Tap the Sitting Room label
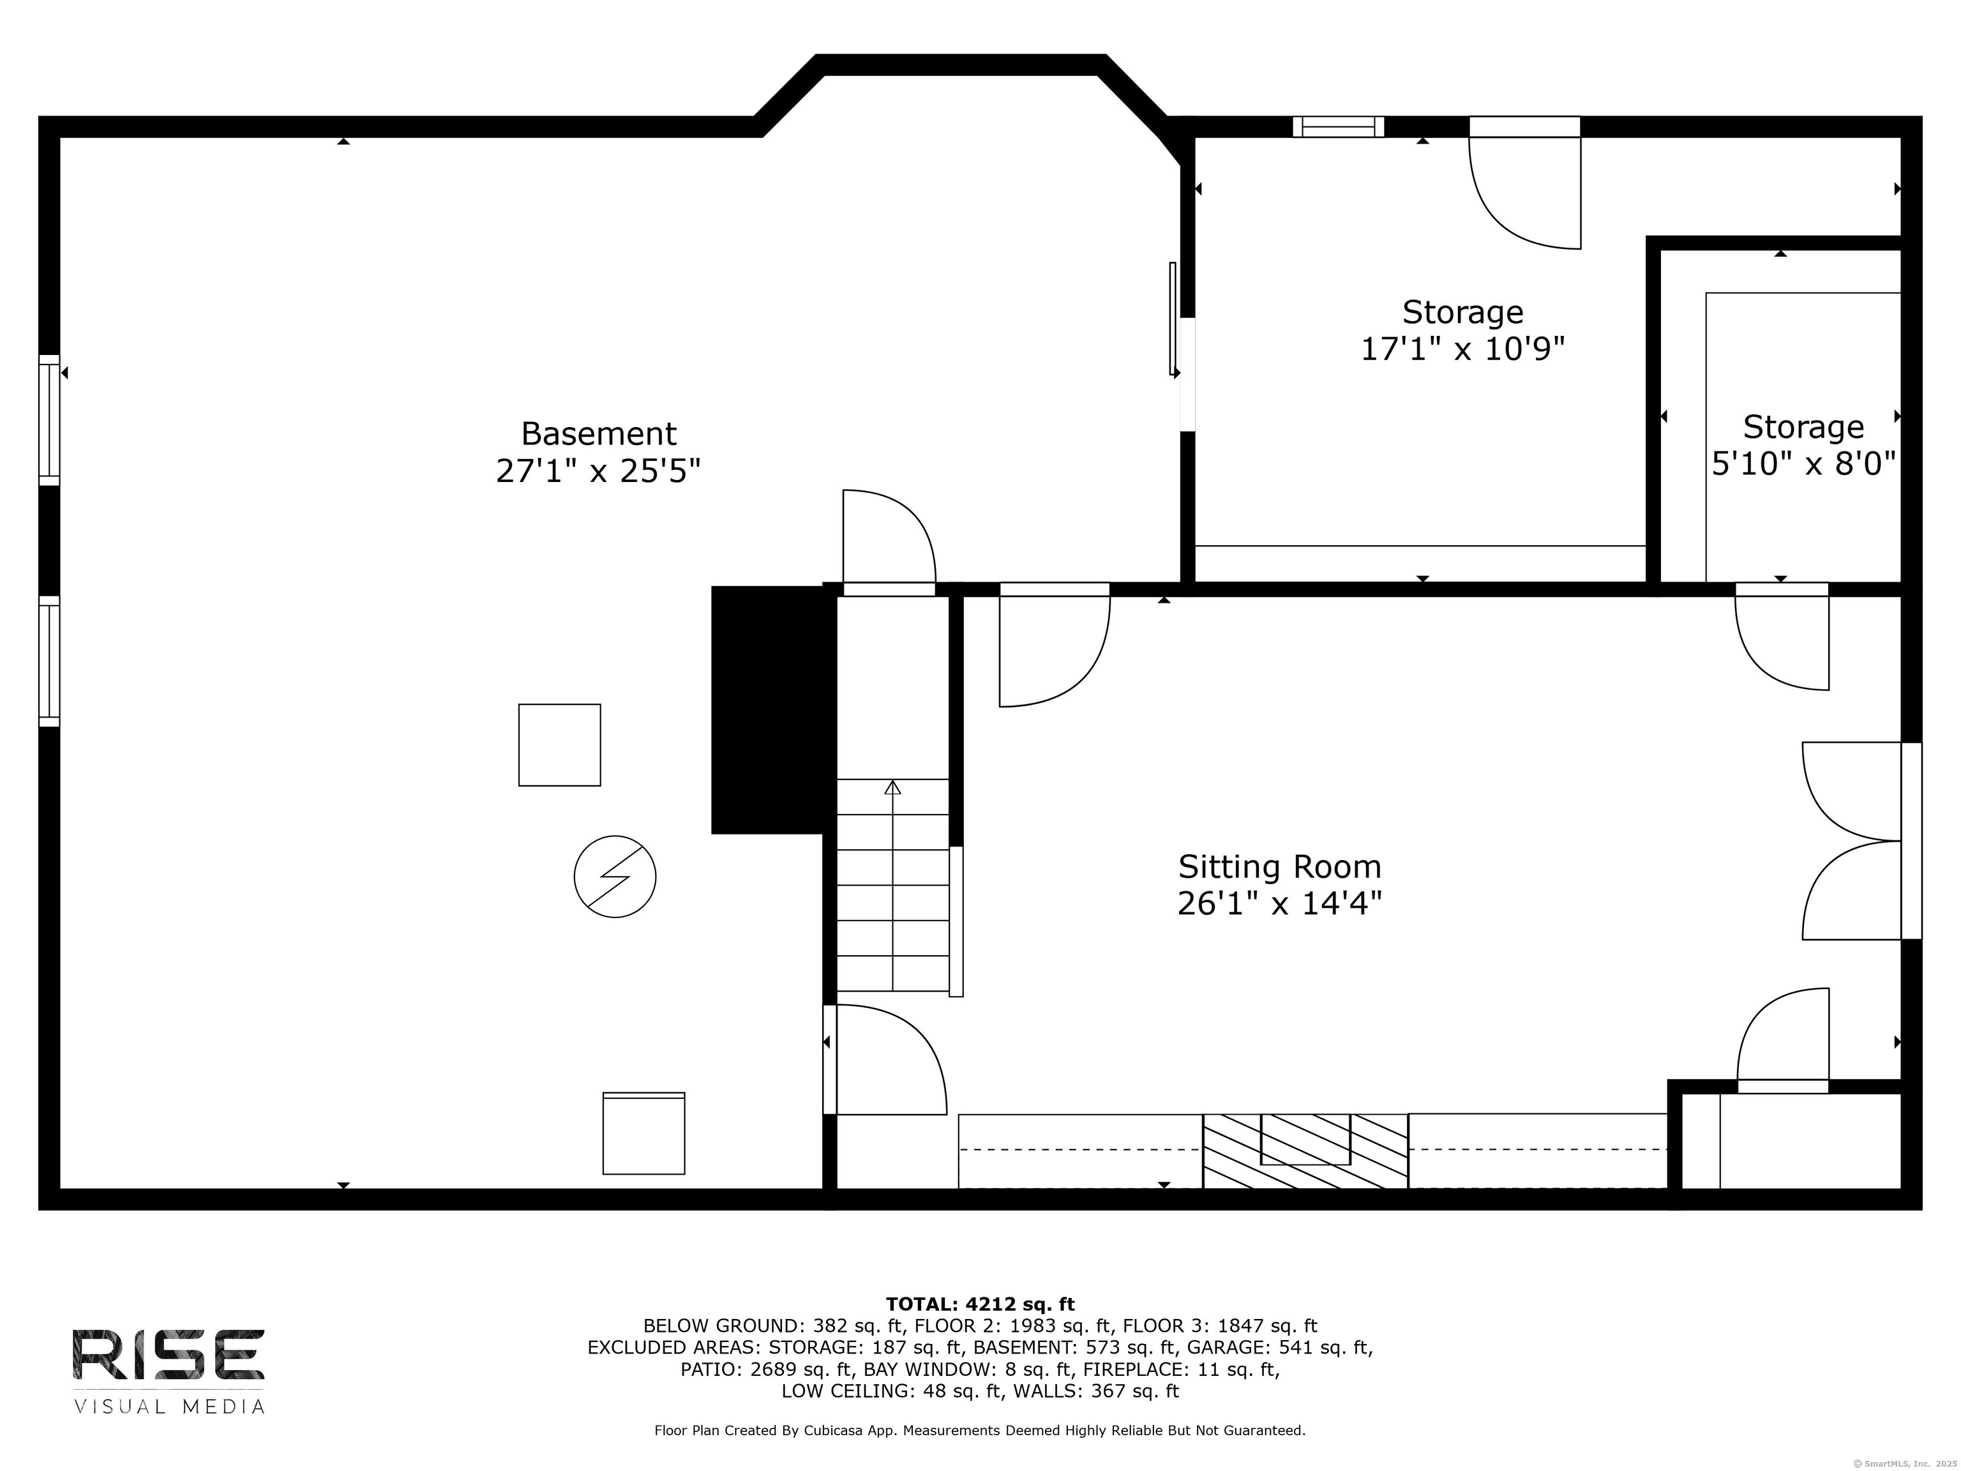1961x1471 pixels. [x=1279, y=866]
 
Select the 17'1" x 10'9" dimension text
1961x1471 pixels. [x=1463, y=349]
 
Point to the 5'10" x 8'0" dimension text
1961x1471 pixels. [x=1803, y=463]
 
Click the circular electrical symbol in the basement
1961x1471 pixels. [x=615, y=876]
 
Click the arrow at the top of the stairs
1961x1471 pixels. [x=893, y=787]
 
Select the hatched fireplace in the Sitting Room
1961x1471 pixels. [x=1305, y=1151]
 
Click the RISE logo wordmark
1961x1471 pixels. [x=169, y=1354]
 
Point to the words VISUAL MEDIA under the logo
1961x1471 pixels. [x=169, y=1407]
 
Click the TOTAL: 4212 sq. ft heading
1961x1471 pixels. [x=980, y=1304]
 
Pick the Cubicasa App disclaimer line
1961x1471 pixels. [x=980, y=1430]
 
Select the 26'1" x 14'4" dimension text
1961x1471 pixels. [x=1279, y=903]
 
